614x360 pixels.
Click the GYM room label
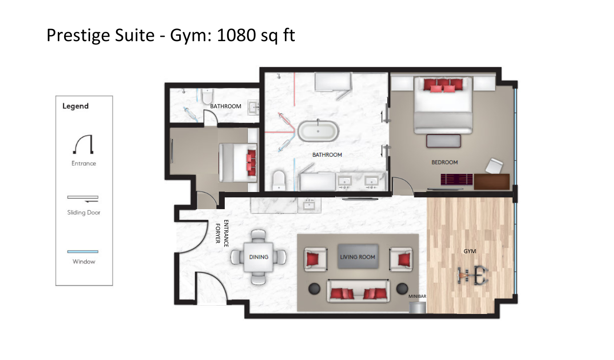tap(470, 251)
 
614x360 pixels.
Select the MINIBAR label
tap(417, 296)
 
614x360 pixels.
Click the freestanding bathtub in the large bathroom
tap(318, 131)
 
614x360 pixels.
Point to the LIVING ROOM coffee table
tap(358, 256)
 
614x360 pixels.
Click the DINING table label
tap(259, 257)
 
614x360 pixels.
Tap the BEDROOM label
tap(444, 162)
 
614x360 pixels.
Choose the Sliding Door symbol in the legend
tap(83, 199)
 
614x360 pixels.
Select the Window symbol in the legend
tap(83, 251)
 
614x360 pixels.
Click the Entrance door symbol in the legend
tap(83, 144)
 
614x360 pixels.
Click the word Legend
tap(75, 106)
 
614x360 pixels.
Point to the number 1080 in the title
tap(236, 35)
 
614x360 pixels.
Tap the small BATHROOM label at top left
tap(226, 106)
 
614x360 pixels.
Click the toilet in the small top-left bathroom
tap(208, 96)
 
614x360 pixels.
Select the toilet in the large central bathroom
tap(279, 180)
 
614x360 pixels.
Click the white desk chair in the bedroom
tap(494, 166)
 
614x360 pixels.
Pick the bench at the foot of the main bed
tap(444, 141)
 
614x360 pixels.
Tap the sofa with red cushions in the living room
tap(358, 291)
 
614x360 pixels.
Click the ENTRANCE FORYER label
tap(222, 233)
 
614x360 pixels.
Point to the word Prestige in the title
tap(100, 36)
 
